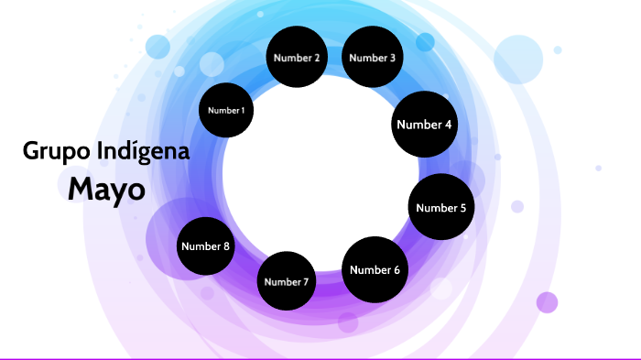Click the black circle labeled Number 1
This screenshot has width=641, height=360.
click(226, 110)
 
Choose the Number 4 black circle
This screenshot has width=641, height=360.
click(424, 125)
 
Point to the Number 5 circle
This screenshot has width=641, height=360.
click(441, 207)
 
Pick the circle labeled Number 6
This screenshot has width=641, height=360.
click(375, 269)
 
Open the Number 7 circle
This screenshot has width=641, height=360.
click(287, 281)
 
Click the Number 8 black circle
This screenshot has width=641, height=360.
click(206, 245)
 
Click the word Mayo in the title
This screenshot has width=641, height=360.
click(106, 189)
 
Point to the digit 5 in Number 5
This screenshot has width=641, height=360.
click(462, 208)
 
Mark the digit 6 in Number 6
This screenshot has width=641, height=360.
click(397, 269)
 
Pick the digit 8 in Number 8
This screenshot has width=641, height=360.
click(227, 245)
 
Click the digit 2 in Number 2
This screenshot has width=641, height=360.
click(317, 58)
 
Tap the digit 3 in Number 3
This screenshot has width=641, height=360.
click(392, 58)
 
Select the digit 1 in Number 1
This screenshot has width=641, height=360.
click(243, 110)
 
